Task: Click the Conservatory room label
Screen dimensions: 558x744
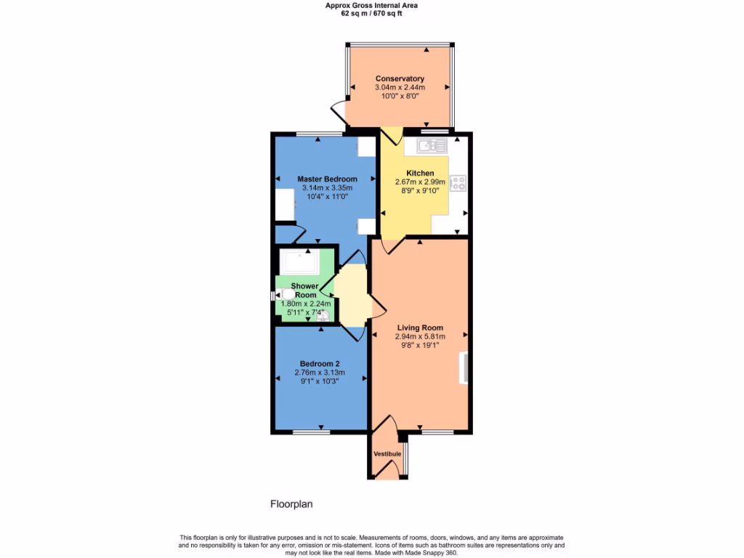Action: coord(400,78)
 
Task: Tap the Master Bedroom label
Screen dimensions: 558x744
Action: coord(327,179)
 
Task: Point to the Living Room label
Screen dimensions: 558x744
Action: coord(420,328)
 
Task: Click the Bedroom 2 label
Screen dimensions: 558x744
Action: coord(320,364)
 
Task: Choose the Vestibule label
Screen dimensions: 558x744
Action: coord(387,454)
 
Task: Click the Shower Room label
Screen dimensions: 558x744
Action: coord(304,290)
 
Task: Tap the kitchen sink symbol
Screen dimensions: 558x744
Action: coord(432,147)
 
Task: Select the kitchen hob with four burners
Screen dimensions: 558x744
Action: coord(458,183)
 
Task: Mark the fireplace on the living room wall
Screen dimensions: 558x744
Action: coord(462,368)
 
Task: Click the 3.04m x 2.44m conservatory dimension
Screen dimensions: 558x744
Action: coord(400,87)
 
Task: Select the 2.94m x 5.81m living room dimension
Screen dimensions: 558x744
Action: coord(420,336)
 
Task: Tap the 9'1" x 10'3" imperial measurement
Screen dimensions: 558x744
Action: coord(317,381)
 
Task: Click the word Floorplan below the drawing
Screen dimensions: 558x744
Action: coord(291,504)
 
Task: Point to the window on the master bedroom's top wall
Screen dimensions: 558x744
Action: coord(319,134)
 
